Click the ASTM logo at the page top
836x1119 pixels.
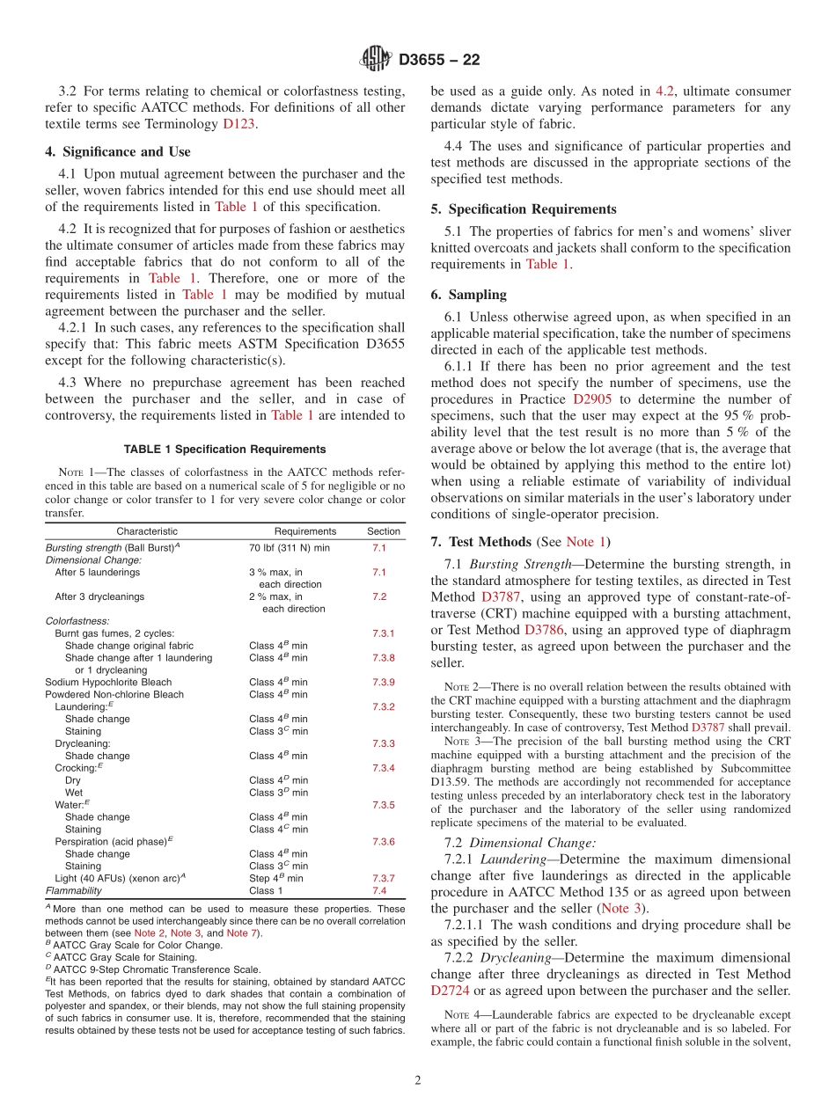tap(376, 60)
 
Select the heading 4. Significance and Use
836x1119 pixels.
tap(117, 151)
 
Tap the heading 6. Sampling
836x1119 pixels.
tap(468, 295)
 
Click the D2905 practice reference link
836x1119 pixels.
tap(592, 399)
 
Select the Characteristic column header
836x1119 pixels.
tap(147, 531)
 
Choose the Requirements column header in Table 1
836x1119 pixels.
tap(304, 531)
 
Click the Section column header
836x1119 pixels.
tap(383, 531)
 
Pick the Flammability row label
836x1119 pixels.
tap(73, 890)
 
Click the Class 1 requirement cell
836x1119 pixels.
tap(266, 890)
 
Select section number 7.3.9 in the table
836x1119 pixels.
tap(383, 682)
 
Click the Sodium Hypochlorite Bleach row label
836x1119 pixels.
tap(108, 682)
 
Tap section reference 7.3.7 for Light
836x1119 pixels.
tap(383, 878)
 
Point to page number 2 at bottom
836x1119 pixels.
tap(417, 1081)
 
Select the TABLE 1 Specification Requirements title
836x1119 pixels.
tap(224, 449)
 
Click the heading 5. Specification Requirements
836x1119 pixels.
tap(524, 209)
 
